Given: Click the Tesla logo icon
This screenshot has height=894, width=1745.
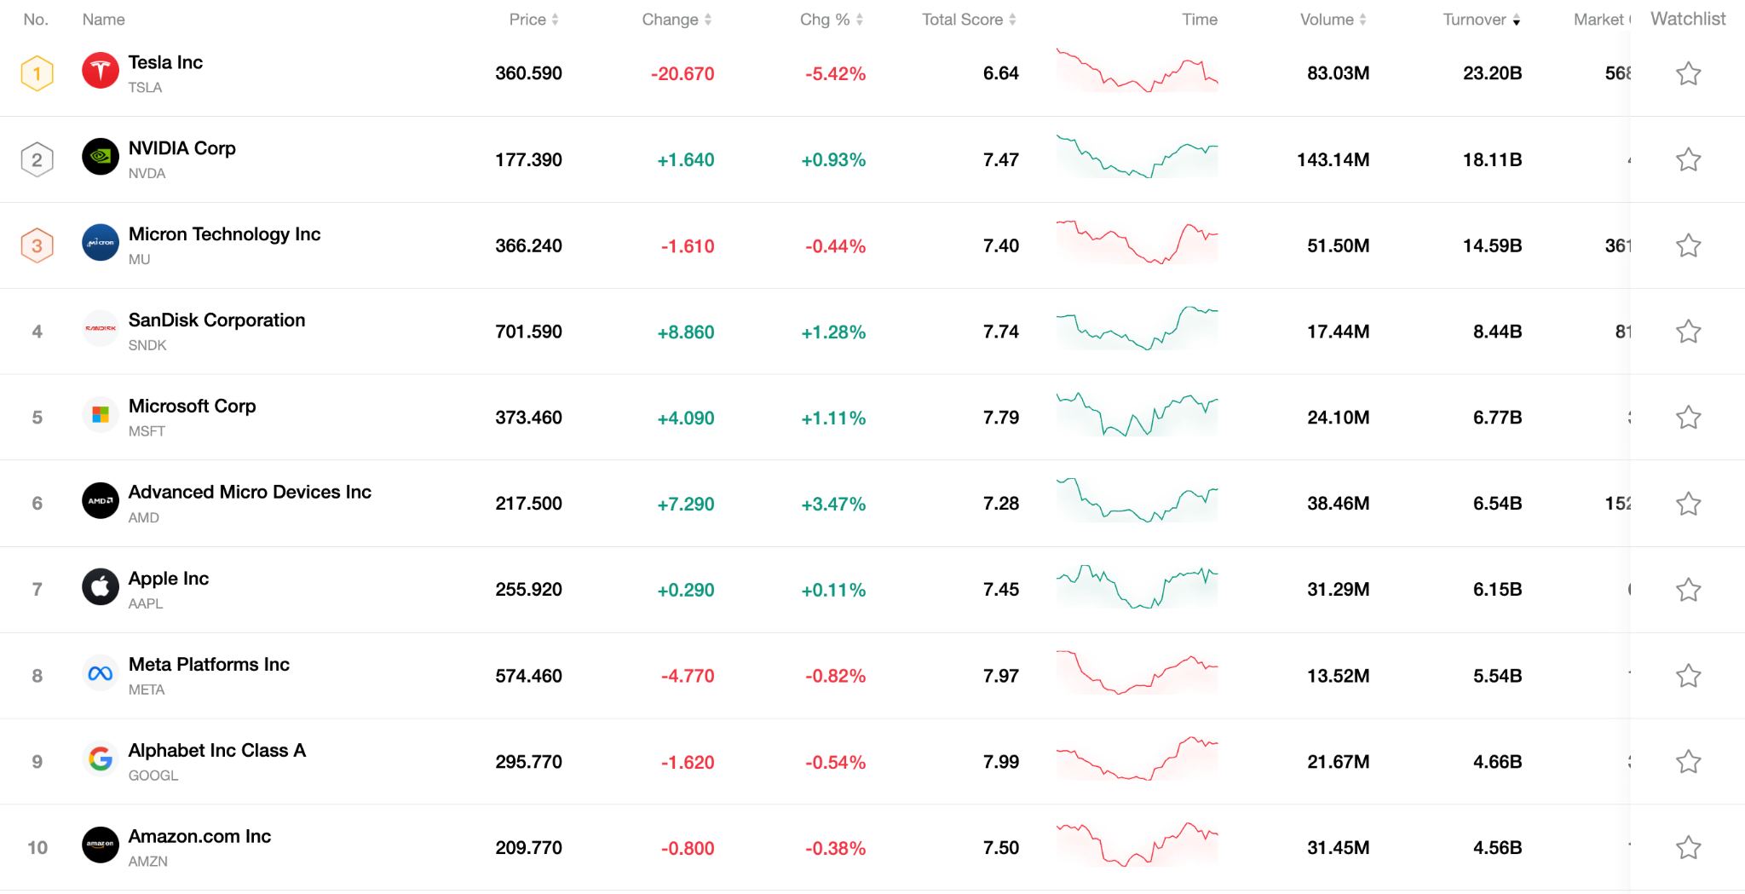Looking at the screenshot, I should point(101,71).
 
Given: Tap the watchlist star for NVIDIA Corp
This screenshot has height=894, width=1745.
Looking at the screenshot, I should point(1688,159).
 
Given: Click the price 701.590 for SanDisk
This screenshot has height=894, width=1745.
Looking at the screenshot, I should point(528,332).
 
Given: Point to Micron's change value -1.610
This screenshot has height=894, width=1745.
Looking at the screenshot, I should point(687,246).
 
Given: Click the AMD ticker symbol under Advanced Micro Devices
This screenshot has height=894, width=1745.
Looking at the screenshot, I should point(143,517).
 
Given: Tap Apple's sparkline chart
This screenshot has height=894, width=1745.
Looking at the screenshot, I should point(1137,588).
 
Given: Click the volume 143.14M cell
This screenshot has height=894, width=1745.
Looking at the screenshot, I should point(1333,159).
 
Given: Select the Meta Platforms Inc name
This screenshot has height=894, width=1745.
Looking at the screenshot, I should point(209,665).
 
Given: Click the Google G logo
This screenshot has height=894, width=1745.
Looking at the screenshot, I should point(101,758).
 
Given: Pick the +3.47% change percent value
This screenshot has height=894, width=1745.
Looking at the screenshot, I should point(832,504).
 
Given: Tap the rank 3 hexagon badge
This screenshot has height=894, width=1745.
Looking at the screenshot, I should point(37,245).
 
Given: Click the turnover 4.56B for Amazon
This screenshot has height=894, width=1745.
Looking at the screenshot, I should point(1497,848).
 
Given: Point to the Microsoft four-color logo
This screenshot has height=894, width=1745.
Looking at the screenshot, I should point(101,415).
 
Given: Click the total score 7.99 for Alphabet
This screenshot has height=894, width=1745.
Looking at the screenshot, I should point(1000,762).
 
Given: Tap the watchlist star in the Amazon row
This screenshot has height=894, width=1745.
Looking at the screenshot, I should point(1688,848).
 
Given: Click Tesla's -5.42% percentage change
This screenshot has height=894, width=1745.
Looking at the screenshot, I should point(835,74).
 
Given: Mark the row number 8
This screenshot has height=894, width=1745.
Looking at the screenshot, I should point(37,676).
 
